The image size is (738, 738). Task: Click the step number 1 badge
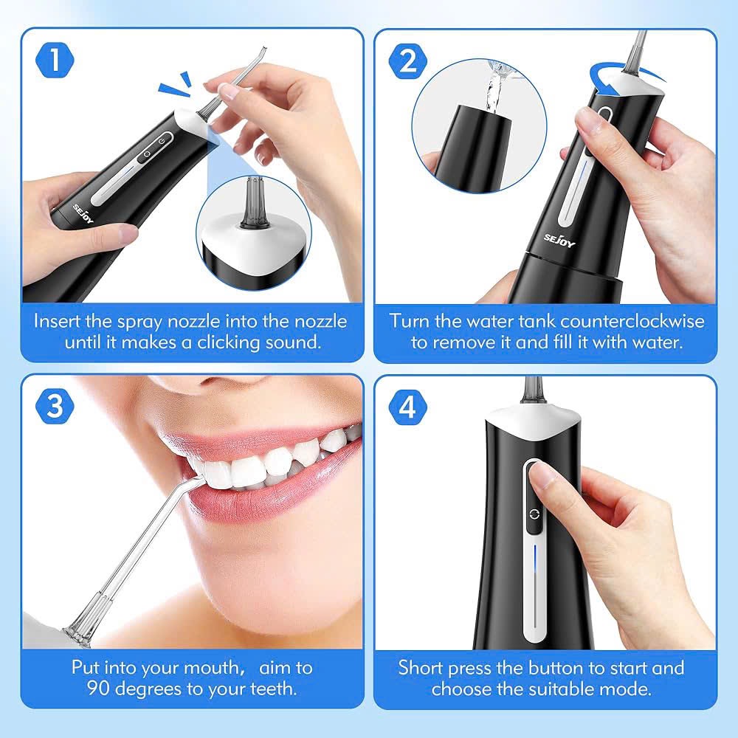pos(55,61)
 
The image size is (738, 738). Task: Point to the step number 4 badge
pos(407,408)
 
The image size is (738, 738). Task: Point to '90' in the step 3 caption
pos(83,689)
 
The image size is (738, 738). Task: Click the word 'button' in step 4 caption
pos(563,668)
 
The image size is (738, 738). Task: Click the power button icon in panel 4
pos(533,515)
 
